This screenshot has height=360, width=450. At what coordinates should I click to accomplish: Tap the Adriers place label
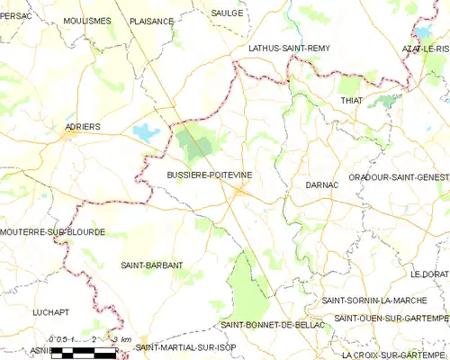[83, 127]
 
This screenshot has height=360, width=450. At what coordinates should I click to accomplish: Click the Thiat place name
[351, 100]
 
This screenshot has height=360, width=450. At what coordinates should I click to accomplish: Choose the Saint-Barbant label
[152, 265]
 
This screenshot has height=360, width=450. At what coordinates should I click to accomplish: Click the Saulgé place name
[227, 13]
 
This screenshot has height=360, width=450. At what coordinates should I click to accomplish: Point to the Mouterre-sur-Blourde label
[53, 232]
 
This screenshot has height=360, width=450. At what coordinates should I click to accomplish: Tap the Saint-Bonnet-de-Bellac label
[267, 324]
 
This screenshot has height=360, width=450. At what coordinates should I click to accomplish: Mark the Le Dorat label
[429, 274]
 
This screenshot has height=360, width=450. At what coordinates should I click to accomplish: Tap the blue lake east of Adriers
[145, 133]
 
